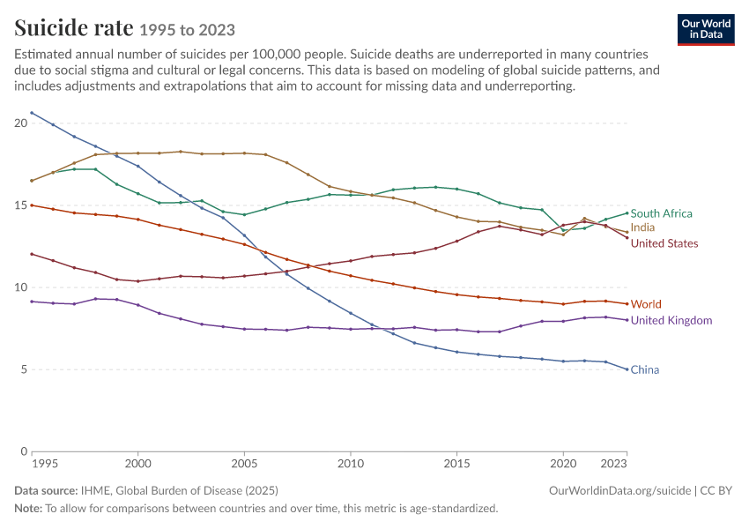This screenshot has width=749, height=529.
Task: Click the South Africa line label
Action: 661,213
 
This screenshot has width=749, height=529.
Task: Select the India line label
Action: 642,227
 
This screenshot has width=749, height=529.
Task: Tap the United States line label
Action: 664,243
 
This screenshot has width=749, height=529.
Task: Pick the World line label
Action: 646,304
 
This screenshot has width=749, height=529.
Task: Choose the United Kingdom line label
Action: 671,321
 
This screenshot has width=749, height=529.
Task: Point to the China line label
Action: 645,370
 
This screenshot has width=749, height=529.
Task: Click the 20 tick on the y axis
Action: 21,123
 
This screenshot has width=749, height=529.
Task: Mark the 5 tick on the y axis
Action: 25,370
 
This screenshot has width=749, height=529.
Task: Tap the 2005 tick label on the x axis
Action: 244,464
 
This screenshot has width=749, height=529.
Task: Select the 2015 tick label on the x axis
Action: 456,464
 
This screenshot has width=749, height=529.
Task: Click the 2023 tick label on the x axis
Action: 614,464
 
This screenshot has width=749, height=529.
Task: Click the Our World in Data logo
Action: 706,30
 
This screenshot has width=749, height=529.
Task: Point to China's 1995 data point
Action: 32,113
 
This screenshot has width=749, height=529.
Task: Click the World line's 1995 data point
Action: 32,205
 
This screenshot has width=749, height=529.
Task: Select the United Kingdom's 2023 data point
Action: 627,320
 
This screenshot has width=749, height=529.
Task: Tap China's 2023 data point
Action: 627,369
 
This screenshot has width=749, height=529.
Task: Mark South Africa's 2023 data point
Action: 627,213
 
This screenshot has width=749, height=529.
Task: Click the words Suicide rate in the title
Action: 73,27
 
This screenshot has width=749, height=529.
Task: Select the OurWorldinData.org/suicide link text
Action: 620,491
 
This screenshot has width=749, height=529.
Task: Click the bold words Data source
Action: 46,491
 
